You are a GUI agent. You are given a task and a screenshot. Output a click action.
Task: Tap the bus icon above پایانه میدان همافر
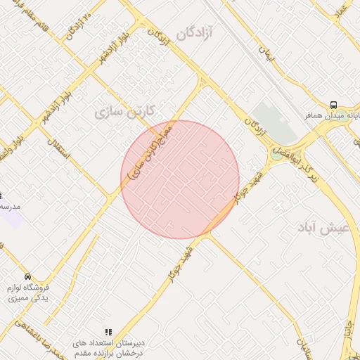point(335,103)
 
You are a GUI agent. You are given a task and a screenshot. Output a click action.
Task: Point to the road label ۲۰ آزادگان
point(77,27)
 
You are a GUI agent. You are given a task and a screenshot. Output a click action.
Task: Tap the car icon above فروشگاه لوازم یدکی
point(27,277)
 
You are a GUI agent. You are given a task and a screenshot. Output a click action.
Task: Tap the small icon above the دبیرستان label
point(108,331)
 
